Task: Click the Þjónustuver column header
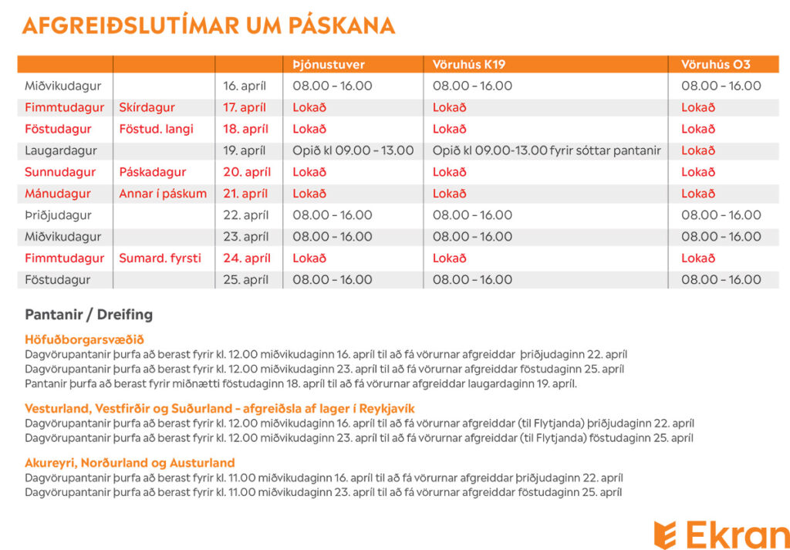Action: [x=329, y=65]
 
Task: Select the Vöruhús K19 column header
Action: [x=469, y=65]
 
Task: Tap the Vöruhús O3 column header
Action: [x=716, y=65]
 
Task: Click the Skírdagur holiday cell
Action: [x=147, y=107]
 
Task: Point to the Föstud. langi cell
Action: [x=156, y=129]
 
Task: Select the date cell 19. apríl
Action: [x=245, y=150]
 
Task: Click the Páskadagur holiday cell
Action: [x=153, y=172]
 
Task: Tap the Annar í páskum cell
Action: [x=163, y=194]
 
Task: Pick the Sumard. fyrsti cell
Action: [x=160, y=258]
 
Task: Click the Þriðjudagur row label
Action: [x=58, y=215]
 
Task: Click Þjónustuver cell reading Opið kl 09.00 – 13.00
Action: [x=353, y=150]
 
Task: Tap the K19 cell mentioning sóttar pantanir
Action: [x=546, y=150]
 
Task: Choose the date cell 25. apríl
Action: [x=245, y=280]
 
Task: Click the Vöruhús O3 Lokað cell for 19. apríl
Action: [x=698, y=150]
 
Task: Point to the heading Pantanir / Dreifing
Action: [x=89, y=315]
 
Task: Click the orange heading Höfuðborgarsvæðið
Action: [x=84, y=340]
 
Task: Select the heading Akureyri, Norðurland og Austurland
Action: [x=130, y=463]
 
